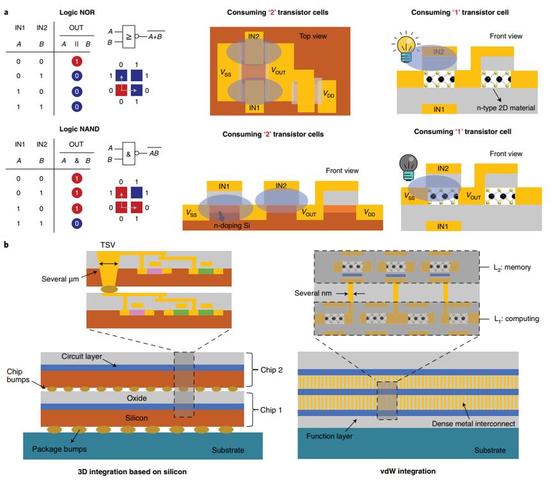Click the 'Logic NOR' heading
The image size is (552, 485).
79,12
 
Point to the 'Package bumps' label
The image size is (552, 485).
58,449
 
